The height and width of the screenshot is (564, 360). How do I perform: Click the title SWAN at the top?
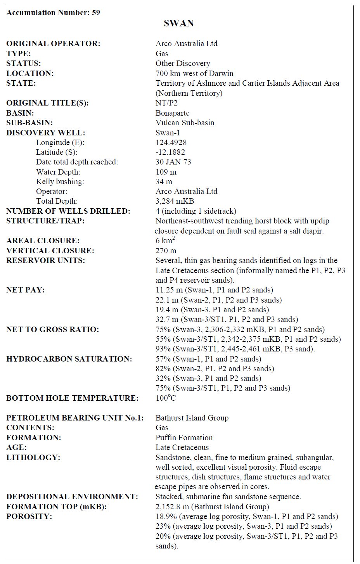(178, 23)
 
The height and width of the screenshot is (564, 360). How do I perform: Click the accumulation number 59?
(96, 12)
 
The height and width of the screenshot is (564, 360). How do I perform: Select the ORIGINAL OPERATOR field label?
(53, 43)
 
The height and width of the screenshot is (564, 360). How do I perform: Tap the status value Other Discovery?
(183, 63)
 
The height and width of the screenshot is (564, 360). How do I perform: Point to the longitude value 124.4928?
(171, 142)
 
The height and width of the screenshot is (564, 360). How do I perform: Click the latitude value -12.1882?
(170, 152)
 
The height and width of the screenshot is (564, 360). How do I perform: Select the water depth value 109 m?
(166, 172)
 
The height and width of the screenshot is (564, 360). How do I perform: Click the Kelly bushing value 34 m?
(164, 182)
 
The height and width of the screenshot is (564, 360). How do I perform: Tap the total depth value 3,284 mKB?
(175, 201)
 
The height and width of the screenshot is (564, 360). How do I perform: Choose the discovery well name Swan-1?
(168, 133)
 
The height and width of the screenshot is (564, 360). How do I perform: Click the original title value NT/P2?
(166, 103)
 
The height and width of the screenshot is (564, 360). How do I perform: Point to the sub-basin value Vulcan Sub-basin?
(185, 123)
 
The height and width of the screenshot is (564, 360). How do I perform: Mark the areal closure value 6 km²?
(165, 240)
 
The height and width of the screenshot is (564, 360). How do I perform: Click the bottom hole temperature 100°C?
(166, 398)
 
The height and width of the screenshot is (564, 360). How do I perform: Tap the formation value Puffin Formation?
(184, 438)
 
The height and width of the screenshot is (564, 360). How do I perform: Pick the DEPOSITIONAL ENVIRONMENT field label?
(72, 497)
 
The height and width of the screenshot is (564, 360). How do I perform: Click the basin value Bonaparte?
(172, 113)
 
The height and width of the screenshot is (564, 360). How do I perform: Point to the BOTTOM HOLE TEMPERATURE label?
(72, 398)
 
